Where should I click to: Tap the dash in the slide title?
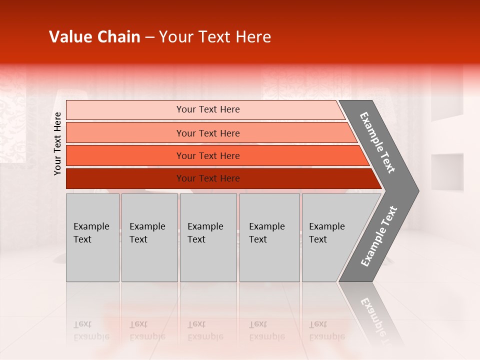tap(149, 37)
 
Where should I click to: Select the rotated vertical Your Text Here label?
tap(57, 143)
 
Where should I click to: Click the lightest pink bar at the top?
tap(125, 109)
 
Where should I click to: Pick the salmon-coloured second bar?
tap(125, 133)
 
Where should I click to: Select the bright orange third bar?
tap(125, 155)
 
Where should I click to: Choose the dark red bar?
tap(125, 178)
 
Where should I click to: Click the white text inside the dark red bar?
tap(208, 178)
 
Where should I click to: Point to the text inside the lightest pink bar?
tap(208, 109)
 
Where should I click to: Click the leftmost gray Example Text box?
tap(92, 237)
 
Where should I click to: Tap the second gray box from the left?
tap(149, 237)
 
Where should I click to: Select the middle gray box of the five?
tap(208, 237)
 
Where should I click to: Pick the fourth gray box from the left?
tap(269, 237)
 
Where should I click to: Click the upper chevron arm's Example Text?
tap(377, 142)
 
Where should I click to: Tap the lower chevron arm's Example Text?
tap(378, 236)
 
